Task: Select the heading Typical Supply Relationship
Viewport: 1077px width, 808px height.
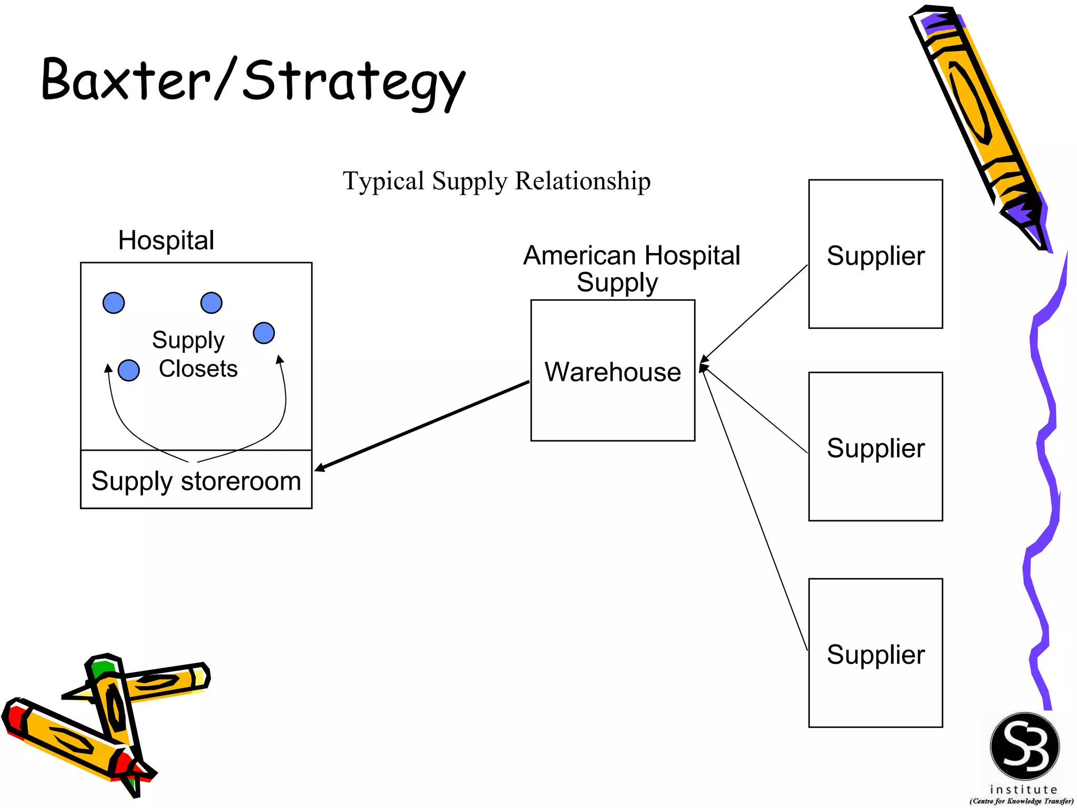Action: pyautogui.click(x=496, y=181)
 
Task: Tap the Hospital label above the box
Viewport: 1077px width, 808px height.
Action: pyautogui.click(x=166, y=240)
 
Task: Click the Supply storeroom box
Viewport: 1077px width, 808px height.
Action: pyautogui.click(x=196, y=481)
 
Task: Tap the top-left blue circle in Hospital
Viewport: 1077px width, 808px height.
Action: pyautogui.click(x=114, y=303)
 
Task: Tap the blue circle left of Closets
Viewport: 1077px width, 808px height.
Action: pyautogui.click(x=129, y=370)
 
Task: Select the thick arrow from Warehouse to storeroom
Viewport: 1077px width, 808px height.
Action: pyautogui.click(x=421, y=426)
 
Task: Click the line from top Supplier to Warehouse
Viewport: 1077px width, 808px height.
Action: pyautogui.click(x=755, y=313)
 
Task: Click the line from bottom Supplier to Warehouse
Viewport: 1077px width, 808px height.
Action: pyautogui.click(x=755, y=510)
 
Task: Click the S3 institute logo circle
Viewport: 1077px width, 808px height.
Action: pyautogui.click(x=1024, y=746)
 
